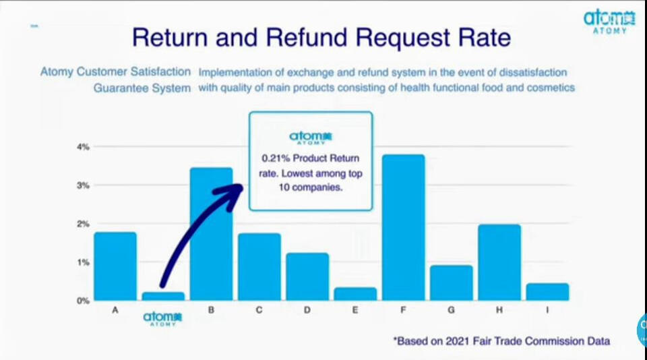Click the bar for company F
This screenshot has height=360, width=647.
[403, 227]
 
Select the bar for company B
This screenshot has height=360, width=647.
[211, 234]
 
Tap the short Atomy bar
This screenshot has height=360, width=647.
[163, 297]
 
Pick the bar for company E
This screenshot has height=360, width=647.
[355, 294]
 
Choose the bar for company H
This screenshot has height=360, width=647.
[499, 262]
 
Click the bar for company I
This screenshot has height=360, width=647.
[547, 292]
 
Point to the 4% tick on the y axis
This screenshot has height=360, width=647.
[83, 147]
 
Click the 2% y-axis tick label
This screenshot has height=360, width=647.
[83, 224]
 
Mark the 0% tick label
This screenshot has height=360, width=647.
[83, 301]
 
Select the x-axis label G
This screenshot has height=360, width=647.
[451, 310]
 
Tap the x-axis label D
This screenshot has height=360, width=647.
[307, 310]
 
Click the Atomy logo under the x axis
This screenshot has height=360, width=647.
[162, 319]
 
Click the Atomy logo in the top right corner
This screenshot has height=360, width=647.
[609, 22]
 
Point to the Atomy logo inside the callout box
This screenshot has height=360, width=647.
[311, 138]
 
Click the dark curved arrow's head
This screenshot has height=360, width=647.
[230, 196]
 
